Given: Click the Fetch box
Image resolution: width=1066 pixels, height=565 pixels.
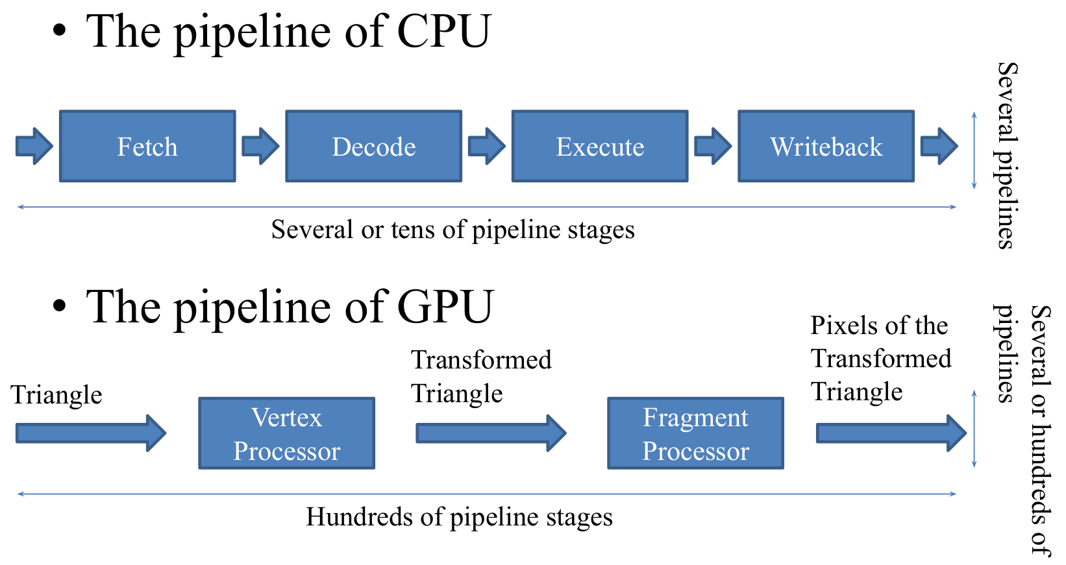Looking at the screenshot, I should point(147,146).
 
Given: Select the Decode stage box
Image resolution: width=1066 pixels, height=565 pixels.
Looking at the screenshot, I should point(373,146).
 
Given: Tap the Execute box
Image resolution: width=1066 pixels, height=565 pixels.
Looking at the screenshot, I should point(599,146).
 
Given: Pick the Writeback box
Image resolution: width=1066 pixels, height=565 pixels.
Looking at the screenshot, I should point(826,146).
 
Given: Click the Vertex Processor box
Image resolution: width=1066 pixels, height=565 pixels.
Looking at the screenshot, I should point(286,433).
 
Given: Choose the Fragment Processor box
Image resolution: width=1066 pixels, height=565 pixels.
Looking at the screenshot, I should point(695,433).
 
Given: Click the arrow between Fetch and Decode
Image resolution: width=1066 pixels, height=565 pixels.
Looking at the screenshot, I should point(260,146).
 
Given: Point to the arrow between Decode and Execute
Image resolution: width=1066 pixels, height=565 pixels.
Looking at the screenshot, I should point(486,146).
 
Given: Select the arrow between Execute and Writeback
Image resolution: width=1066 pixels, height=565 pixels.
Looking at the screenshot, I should point(713,146).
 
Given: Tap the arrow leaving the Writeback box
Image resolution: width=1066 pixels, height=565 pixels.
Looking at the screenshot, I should point(939,146).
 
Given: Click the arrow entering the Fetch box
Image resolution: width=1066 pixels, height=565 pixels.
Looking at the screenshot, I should point(34,146).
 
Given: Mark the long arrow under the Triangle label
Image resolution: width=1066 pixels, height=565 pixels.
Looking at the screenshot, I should point(91,433).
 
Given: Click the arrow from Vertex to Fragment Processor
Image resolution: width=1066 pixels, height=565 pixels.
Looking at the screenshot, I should point(491,433).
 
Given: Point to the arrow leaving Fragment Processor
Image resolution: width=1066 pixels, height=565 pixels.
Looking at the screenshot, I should point(891,433).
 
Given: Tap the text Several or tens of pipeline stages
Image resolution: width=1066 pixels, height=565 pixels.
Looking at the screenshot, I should point(452,230).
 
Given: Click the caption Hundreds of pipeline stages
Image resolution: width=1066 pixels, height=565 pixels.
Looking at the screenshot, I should point(459,517).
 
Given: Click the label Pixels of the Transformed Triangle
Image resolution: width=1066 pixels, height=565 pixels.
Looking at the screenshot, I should point(880,358).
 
